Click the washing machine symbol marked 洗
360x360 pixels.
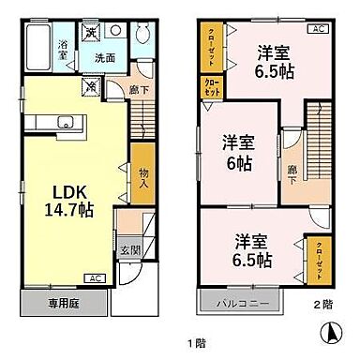pyautogui.click(x=92, y=31)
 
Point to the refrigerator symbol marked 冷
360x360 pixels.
pyautogui.click(x=93, y=86)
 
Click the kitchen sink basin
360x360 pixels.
pyautogui.click(x=65, y=121)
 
